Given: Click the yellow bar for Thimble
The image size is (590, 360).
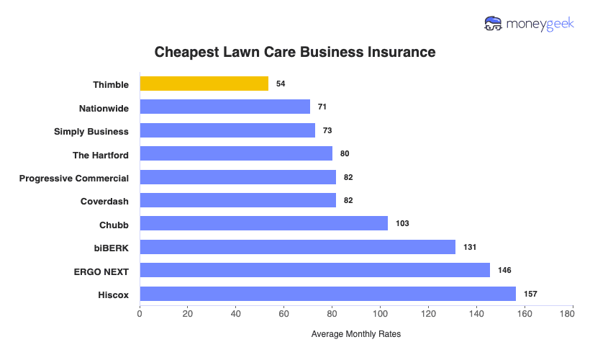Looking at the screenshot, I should pyautogui.click(x=204, y=84).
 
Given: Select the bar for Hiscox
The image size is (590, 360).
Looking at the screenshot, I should pyautogui.click(x=327, y=294).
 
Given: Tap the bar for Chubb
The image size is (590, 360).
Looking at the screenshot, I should pyautogui.click(x=263, y=224).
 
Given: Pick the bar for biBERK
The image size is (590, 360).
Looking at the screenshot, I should pyautogui.click(x=297, y=247).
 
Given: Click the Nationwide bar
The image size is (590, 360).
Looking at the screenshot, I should pyautogui.click(x=224, y=107).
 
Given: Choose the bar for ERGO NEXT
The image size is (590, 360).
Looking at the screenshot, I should pyautogui.click(x=314, y=270).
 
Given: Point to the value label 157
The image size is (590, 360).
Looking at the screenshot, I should pyautogui.click(x=530, y=294).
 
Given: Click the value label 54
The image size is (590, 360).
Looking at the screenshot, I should pyautogui.click(x=281, y=84).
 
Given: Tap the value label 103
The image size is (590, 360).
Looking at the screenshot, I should pyautogui.click(x=402, y=224).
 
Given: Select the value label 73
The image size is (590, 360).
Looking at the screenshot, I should pyautogui.click(x=327, y=131).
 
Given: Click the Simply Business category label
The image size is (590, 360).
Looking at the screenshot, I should pyautogui.click(x=91, y=131).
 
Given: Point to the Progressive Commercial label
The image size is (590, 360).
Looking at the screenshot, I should pyautogui.click(x=74, y=178).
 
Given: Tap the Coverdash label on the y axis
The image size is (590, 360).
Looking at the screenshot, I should pyautogui.click(x=104, y=201).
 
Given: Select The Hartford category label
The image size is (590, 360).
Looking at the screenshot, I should pyautogui.click(x=101, y=154).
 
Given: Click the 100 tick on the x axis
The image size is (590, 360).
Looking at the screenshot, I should pyautogui.click(x=380, y=313).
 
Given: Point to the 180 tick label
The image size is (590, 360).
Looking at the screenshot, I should pyautogui.click(x=572, y=313).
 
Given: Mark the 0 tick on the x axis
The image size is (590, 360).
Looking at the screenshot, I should pyautogui.click(x=140, y=313).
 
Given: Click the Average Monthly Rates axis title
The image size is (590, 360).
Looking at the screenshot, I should pyautogui.click(x=355, y=334).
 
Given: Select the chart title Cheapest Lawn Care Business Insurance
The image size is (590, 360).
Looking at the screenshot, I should pyautogui.click(x=295, y=53).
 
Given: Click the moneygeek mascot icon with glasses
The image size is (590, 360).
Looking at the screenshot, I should pyautogui.click(x=494, y=24).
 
